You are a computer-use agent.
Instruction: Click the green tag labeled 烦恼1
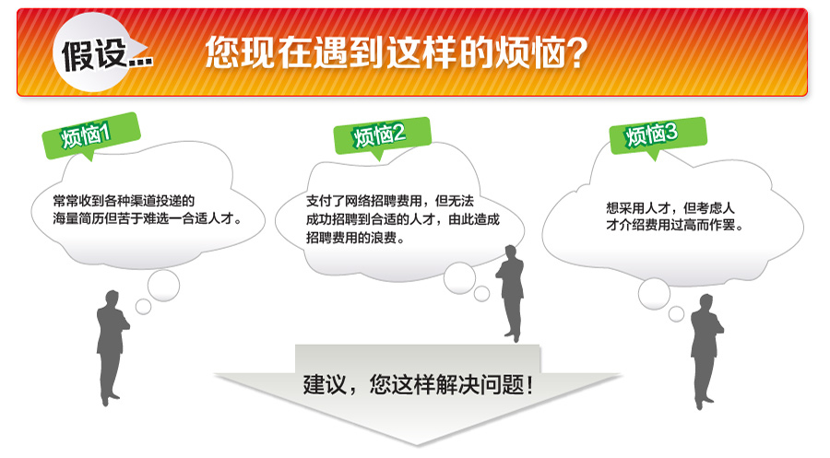(x=91, y=135)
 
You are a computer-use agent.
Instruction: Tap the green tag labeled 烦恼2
(x=382, y=136)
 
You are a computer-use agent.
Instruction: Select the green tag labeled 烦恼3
(x=658, y=135)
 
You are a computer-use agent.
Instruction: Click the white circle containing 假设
(x=92, y=53)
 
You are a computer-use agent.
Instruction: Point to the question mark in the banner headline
(x=575, y=53)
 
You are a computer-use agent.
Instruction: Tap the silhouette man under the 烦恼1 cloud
(x=112, y=347)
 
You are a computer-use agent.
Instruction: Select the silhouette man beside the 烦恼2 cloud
(x=510, y=293)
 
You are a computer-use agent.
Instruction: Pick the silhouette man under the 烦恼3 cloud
(x=706, y=351)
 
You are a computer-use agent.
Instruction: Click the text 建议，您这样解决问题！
(x=418, y=384)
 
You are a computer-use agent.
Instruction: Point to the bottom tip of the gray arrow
(x=417, y=445)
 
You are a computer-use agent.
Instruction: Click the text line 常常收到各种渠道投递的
(x=124, y=201)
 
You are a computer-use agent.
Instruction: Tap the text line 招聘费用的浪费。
(x=356, y=238)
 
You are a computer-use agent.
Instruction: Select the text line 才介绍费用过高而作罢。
(x=675, y=225)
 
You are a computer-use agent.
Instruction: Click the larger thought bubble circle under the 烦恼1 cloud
(x=163, y=286)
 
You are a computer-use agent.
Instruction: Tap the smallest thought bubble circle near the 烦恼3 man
(x=677, y=313)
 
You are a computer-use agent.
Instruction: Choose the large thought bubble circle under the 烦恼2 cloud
(x=459, y=278)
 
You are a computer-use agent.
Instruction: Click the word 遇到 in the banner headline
(x=348, y=53)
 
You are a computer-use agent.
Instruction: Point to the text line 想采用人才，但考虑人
(x=670, y=208)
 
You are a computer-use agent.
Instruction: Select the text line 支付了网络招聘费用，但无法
(x=390, y=201)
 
